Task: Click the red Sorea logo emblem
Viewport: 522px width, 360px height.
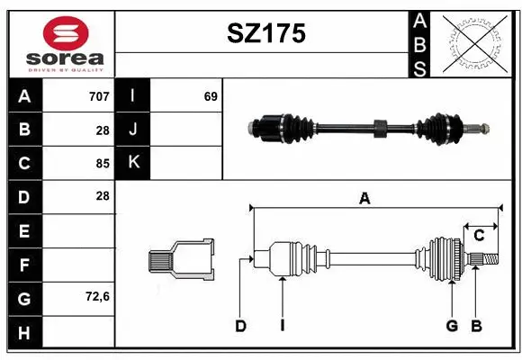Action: (x=66, y=35)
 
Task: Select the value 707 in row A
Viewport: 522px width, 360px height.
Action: (x=99, y=95)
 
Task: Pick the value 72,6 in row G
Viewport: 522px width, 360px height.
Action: (x=96, y=297)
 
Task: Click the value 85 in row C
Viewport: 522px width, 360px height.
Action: (x=103, y=163)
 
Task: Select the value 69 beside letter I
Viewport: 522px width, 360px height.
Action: (x=211, y=95)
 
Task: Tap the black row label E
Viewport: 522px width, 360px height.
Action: (x=24, y=230)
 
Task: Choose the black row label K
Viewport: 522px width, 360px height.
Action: (x=133, y=163)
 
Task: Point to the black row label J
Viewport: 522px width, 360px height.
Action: (x=133, y=130)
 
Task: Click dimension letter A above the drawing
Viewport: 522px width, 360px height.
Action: (x=364, y=199)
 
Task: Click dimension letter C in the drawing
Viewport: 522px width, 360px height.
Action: (x=480, y=235)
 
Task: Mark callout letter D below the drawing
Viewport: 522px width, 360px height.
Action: (x=240, y=326)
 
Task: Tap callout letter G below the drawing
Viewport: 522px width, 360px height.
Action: (x=452, y=326)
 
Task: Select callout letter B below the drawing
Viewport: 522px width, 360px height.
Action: (x=477, y=326)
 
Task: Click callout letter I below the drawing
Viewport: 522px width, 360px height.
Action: (x=282, y=326)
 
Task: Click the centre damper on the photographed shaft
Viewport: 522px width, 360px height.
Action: (x=380, y=128)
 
